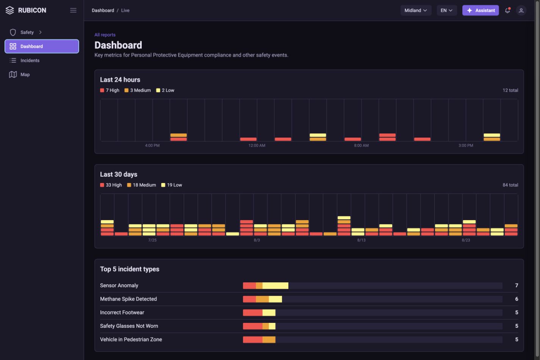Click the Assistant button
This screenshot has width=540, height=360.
pyautogui.click(x=480, y=10)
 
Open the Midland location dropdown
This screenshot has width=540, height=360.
pyautogui.click(x=416, y=10)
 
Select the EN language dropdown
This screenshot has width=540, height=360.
pyautogui.click(x=446, y=10)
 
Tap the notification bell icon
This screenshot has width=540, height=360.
pyautogui.click(x=507, y=10)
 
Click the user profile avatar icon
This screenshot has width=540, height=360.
pyautogui.click(x=521, y=10)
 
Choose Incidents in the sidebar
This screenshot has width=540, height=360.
pyautogui.click(x=30, y=60)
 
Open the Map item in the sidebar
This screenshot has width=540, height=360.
pyautogui.click(x=25, y=75)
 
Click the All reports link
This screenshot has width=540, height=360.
pyautogui.click(x=105, y=35)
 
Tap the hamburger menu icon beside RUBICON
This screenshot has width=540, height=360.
pyautogui.click(x=73, y=10)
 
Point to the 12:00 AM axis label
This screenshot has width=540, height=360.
pyautogui.click(x=257, y=146)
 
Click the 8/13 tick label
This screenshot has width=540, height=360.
pyautogui.click(x=361, y=240)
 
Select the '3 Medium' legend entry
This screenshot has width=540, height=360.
pyautogui.click(x=138, y=90)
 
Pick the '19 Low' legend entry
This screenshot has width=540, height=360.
pyautogui.click(x=171, y=185)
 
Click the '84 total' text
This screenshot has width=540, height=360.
pyautogui.click(x=510, y=185)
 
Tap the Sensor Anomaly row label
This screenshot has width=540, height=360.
pyautogui.click(x=119, y=285)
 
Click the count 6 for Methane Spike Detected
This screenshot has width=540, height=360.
pyautogui.click(x=517, y=299)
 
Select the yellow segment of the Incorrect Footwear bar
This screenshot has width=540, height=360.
pyautogui.click(x=269, y=313)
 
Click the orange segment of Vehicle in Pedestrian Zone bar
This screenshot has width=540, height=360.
pyautogui.click(x=269, y=340)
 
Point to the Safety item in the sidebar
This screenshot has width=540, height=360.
pyautogui.click(x=27, y=32)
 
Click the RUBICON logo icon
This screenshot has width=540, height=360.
pyautogui.click(x=9, y=10)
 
